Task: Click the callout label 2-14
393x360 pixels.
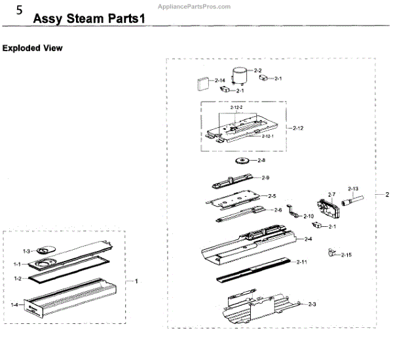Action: click(220, 80)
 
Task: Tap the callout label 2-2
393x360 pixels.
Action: click(257, 70)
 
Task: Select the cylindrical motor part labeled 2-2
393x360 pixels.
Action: click(241, 76)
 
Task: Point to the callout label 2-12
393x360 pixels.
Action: click(297, 127)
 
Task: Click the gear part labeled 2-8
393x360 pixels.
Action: click(242, 161)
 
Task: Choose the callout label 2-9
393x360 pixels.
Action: click(266, 178)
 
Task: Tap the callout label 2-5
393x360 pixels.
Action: click(272, 195)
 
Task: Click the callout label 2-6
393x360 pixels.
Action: click(278, 210)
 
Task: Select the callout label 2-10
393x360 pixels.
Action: click(308, 215)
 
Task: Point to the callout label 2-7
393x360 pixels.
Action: click(331, 194)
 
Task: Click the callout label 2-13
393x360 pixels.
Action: click(353, 188)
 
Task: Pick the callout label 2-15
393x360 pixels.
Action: click(346, 254)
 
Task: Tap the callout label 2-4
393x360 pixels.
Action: click(308, 239)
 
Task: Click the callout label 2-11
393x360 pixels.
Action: click(301, 262)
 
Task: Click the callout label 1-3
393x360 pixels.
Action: click(26, 251)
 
